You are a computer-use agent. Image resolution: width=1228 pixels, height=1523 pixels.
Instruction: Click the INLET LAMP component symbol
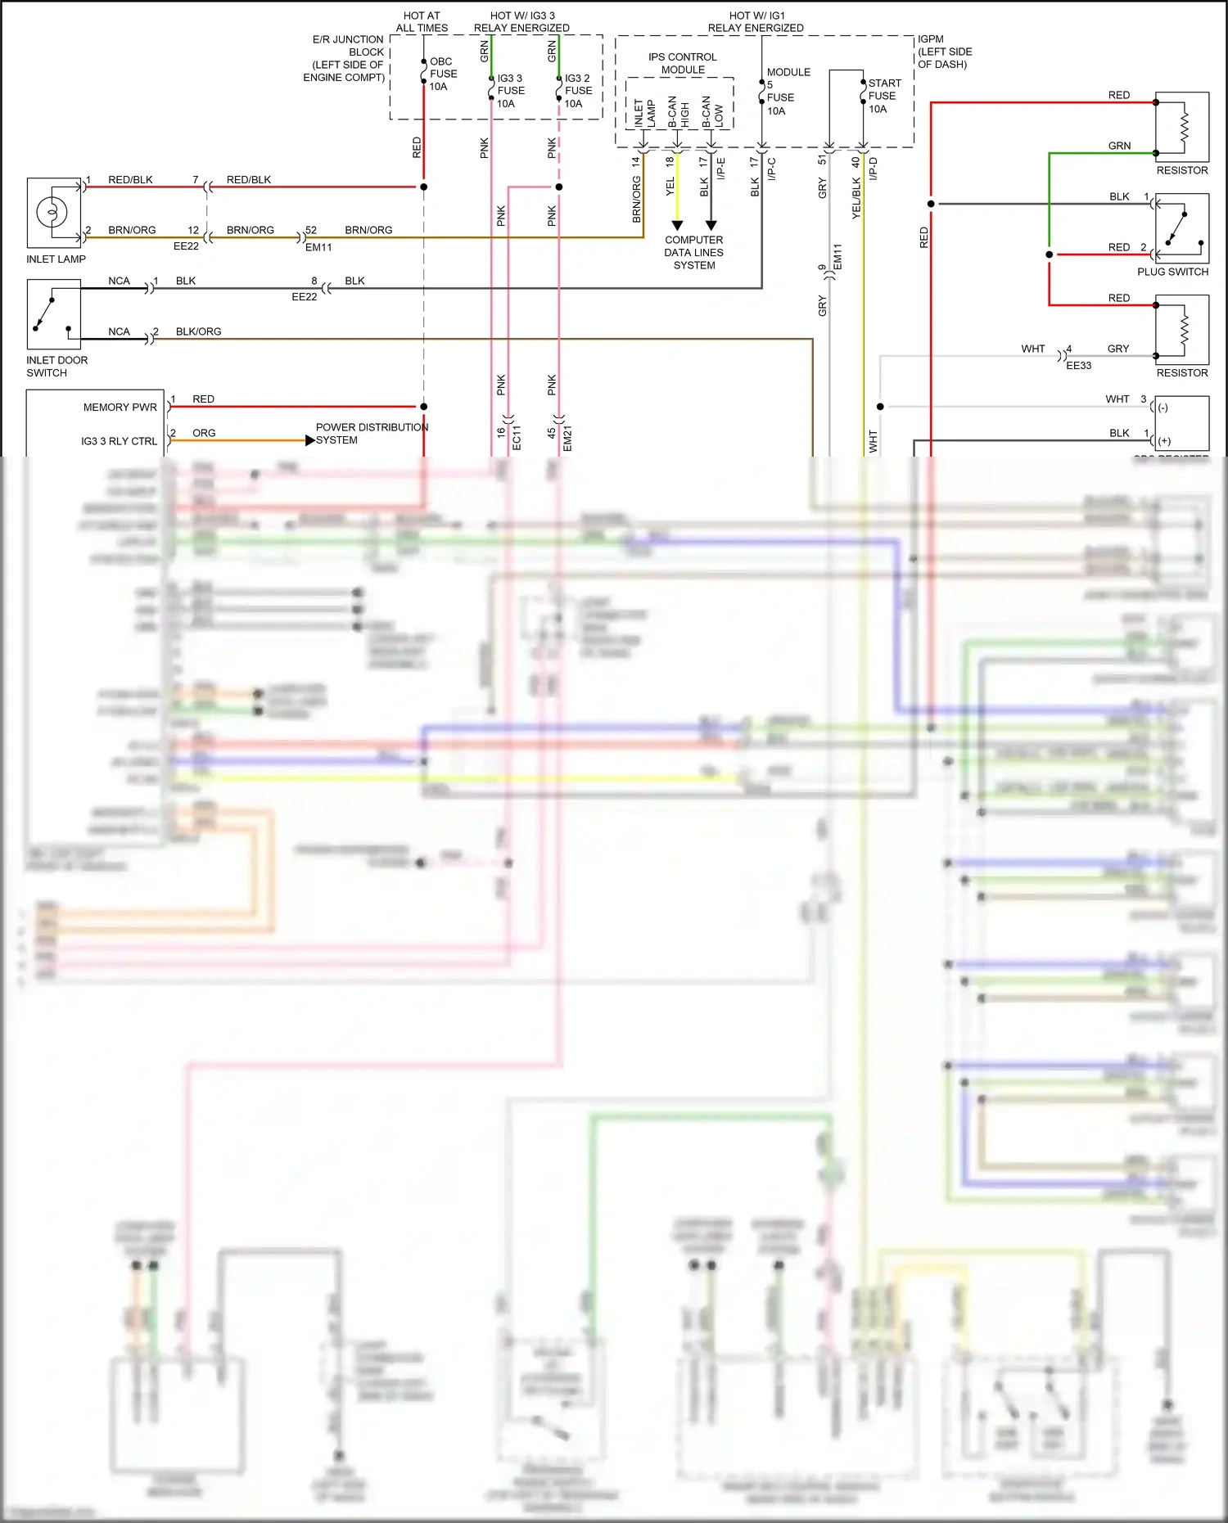(x=52, y=213)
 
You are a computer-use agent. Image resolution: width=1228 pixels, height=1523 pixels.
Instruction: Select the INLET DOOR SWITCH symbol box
(x=53, y=314)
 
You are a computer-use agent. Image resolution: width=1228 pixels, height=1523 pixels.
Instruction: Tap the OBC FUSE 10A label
(x=443, y=74)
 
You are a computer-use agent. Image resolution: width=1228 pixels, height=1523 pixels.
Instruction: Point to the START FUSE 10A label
(x=883, y=96)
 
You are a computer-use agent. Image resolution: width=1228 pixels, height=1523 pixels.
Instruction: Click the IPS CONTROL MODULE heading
(x=682, y=63)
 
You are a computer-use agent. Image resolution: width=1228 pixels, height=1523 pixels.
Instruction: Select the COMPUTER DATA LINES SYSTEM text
(x=693, y=252)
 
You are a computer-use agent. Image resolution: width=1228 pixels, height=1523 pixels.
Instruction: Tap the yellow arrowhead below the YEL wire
(x=677, y=225)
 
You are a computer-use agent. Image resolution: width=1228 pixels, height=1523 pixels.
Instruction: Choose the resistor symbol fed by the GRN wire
(x=1182, y=127)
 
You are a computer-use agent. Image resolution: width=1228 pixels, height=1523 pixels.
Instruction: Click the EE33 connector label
(x=1078, y=366)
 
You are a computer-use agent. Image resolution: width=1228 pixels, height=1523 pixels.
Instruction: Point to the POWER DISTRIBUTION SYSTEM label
(x=371, y=433)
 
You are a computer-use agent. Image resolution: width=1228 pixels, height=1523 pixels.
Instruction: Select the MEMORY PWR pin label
(x=120, y=407)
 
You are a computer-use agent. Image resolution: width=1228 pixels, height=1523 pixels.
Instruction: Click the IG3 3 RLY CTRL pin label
(x=119, y=441)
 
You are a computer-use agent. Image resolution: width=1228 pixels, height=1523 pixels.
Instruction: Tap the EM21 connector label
(x=567, y=438)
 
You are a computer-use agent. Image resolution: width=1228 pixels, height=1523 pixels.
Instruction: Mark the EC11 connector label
(x=517, y=438)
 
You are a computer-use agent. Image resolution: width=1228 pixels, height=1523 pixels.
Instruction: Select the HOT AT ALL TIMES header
(x=422, y=21)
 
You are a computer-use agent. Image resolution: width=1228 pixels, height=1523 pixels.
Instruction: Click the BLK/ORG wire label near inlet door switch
(x=198, y=331)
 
